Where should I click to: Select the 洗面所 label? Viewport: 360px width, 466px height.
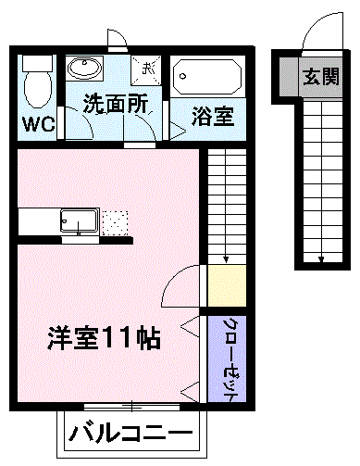coord(116,105)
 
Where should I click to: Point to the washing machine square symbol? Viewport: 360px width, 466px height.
coord(146,68)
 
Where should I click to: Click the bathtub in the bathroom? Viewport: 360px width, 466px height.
coord(207,74)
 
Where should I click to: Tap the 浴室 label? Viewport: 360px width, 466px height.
coord(212,118)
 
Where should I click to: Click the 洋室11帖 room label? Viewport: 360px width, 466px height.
coord(105,338)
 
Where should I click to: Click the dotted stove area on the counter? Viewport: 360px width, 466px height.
coord(115,223)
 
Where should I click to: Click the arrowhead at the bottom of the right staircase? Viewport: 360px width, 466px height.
coord(320,258)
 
